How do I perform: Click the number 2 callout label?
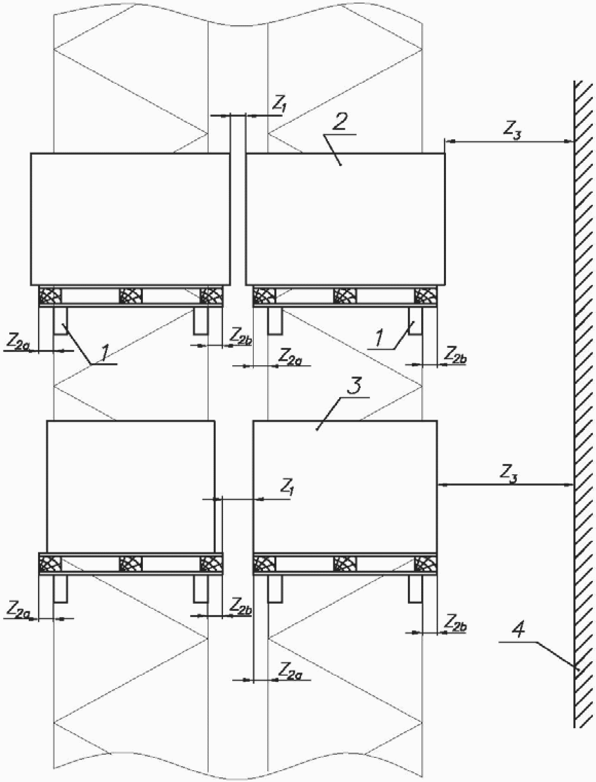tap(340, 122)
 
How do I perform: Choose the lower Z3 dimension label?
tap(508, 474)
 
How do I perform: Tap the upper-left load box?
tap(130, 218)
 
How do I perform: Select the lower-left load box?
tap(131, 486)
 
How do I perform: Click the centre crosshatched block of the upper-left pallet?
tap(131, 296)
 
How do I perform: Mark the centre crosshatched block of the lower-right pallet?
tap(345, 564)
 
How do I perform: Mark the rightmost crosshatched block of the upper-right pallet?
tap(425, 296)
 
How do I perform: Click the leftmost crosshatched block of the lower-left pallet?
tap(50, 564)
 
